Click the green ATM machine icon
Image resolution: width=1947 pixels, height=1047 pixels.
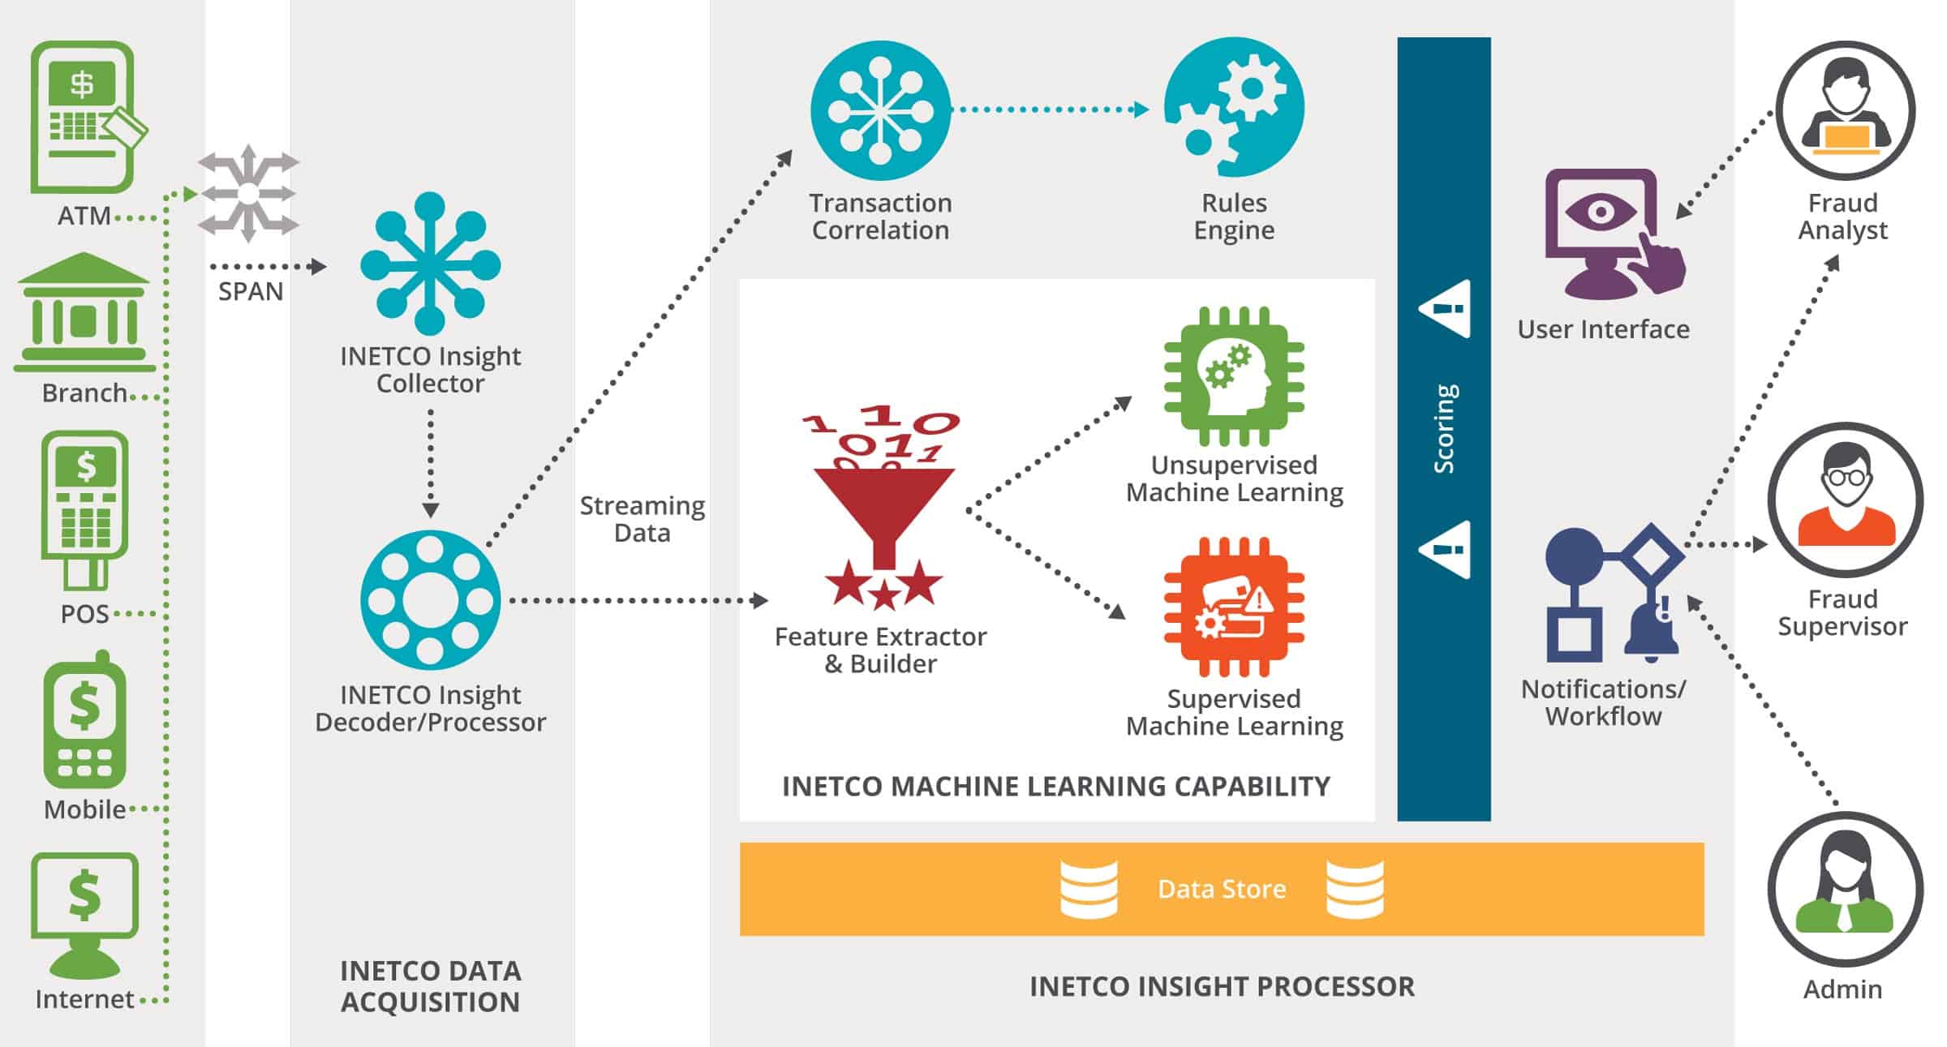84,117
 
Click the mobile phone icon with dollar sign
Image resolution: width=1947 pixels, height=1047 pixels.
84,722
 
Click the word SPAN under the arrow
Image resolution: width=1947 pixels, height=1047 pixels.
251,292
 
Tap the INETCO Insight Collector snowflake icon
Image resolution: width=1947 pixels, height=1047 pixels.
430,264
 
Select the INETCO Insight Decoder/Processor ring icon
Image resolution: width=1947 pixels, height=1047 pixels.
430,600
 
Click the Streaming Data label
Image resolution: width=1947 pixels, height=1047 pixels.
642,519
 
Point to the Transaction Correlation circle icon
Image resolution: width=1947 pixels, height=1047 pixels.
880,109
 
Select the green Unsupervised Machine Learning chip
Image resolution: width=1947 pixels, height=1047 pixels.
1234,375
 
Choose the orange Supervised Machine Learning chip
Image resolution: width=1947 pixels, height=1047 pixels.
1234,607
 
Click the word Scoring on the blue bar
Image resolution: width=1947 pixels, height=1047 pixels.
1444,428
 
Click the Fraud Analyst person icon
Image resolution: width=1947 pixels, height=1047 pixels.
1845,110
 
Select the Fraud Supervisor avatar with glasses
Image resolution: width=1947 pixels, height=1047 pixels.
1845,500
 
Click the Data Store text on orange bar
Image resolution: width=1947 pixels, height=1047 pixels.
1222,890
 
